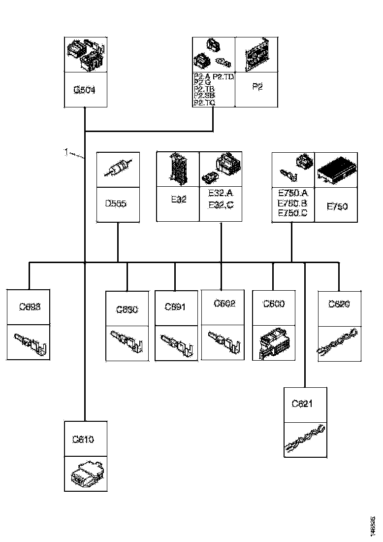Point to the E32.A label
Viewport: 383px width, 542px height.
point(221,194)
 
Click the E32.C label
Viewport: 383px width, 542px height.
point(221,204)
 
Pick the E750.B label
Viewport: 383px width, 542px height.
point(292,203)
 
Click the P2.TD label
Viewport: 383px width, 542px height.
point(224,77)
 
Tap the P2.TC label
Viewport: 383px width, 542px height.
point(204,102)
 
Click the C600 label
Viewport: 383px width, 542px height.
point(274,304)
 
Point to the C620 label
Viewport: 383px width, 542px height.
point(339,304)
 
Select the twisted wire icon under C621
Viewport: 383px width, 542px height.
point(305,439)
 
